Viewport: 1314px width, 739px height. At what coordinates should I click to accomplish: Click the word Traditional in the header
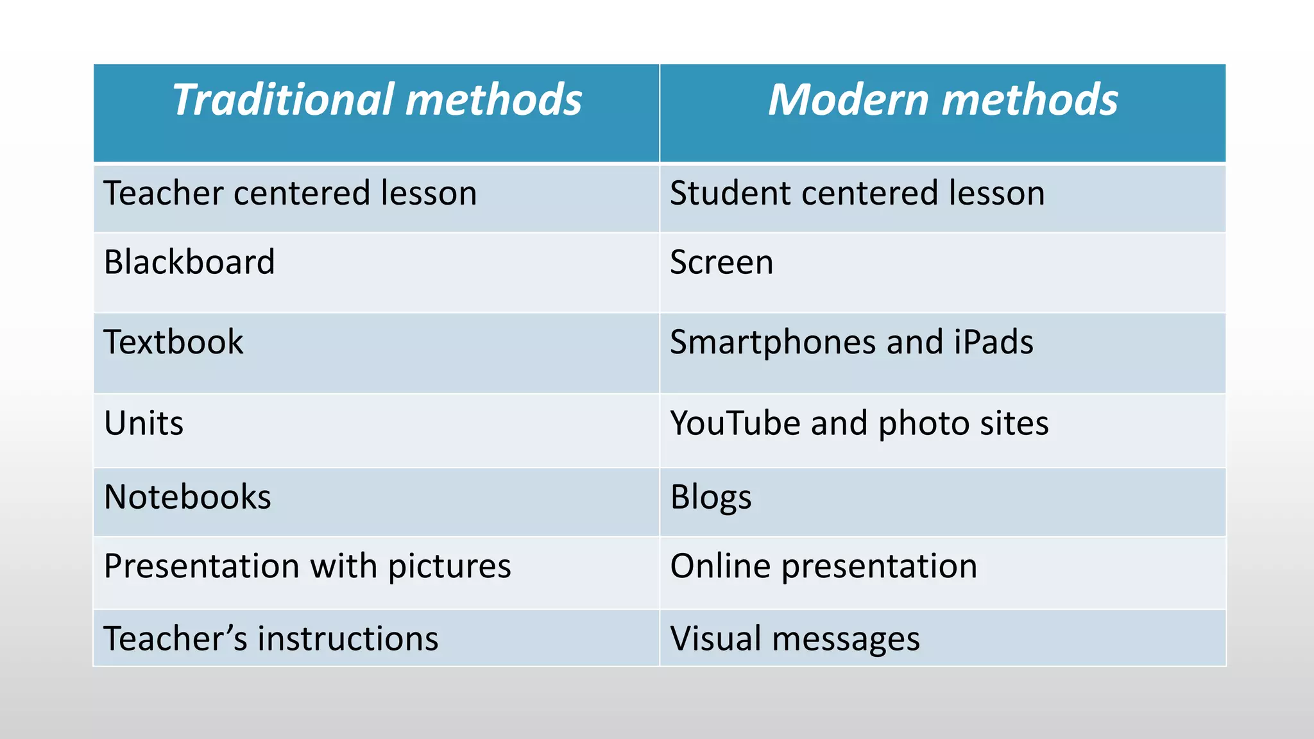(x=283, y=100)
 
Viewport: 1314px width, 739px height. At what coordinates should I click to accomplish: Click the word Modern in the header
(x=848, y=100)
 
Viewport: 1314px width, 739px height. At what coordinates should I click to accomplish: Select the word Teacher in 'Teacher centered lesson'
(x=163, y=193)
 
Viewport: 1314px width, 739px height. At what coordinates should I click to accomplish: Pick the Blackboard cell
(x=189, y=262)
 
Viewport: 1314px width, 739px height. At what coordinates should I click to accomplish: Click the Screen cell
(x=721, y=262)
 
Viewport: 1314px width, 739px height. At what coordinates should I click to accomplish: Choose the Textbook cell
(x=173, y=342)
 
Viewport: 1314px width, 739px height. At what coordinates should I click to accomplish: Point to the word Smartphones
(x=772, y=343)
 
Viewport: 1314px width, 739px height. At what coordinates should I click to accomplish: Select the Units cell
(x=144, y=423)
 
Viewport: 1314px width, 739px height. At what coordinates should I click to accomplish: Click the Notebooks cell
(x=187, y=497)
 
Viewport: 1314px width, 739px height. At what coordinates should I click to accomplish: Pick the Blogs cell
(x=710, y=498)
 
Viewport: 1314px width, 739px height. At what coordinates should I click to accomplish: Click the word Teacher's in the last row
(x=175, y=639)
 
